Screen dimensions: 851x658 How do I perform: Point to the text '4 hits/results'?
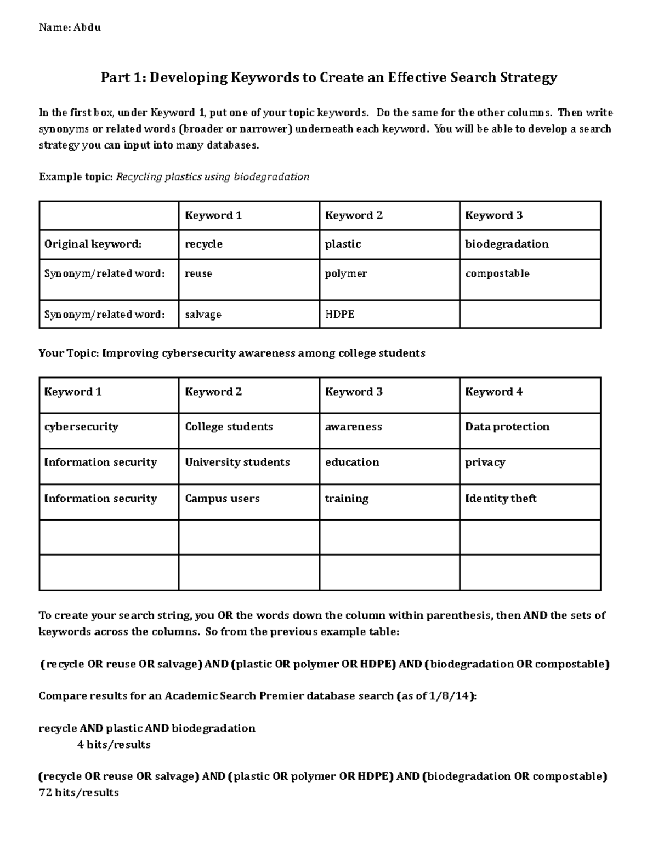[114, 745]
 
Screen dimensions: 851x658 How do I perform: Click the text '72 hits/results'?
[78, 792]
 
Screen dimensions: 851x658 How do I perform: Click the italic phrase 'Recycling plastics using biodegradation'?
[213, 177]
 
